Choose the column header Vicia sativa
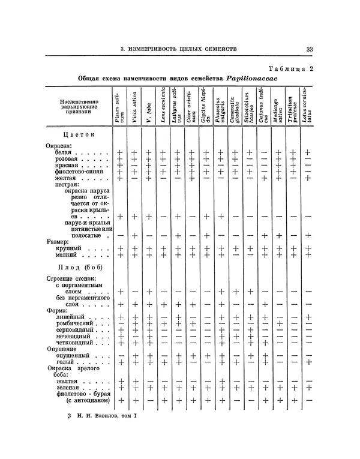(x=134, y=107)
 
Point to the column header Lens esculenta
(x=163, y=107)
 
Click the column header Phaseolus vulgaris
(x=221, y=107)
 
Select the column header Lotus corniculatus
(x=307, y=107)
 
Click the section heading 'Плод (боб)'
(x=79, y=266)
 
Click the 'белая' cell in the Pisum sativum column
(x=120, y=154)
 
